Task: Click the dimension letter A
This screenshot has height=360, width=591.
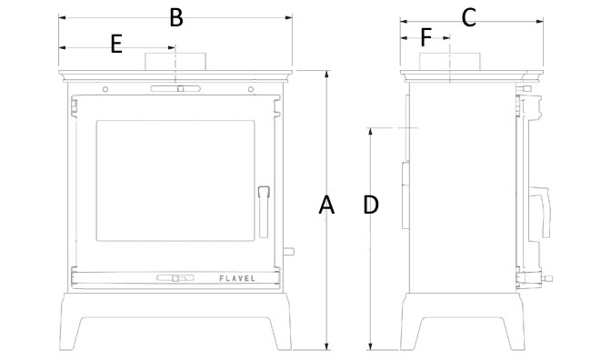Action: coord(326,205)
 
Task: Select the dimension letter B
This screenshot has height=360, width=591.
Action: coord(176,17)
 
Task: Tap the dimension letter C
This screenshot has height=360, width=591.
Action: coord(468,17)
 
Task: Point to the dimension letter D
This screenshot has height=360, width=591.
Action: coord(371,205)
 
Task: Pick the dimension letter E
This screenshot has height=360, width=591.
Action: coord(116,44)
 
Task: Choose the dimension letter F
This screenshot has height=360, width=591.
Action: coord(426,37)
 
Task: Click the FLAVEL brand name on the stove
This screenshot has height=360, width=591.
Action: coord(237,278)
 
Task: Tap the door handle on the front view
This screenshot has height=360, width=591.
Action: coord(264,212)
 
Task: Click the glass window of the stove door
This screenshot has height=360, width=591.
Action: coord(175,181)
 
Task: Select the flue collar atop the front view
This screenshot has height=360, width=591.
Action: coord(175,62)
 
